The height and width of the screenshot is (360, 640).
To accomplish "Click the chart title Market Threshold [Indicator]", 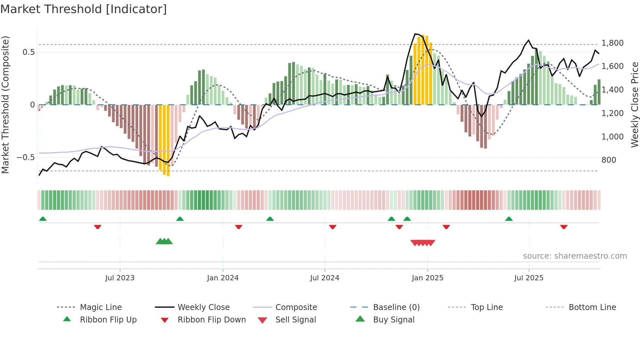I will [84, 9].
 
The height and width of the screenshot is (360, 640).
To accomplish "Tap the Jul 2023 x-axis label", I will [120, 278].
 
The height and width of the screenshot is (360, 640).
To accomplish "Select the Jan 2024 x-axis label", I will [223, 278].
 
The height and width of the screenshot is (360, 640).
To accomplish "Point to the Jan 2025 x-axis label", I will [427, 278].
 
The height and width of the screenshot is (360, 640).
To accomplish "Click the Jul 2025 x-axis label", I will [529, 278].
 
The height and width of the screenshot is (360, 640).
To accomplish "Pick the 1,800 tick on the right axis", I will [612, 43].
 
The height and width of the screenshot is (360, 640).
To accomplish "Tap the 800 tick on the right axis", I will [609, 160].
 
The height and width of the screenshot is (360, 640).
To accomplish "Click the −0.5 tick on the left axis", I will [25, 157].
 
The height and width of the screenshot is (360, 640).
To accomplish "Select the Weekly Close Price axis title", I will [634, 105].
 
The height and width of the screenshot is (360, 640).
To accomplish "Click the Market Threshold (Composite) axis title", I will [5, 105].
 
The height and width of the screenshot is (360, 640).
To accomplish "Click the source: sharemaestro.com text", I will [575, 256].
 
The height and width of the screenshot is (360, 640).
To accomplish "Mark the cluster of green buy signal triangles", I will [164, 241].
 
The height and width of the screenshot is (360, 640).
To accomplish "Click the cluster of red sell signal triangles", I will [423, 243].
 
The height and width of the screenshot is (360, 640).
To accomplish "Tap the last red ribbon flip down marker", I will [564, 227].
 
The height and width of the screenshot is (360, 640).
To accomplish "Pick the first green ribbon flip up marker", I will [43, 219].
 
